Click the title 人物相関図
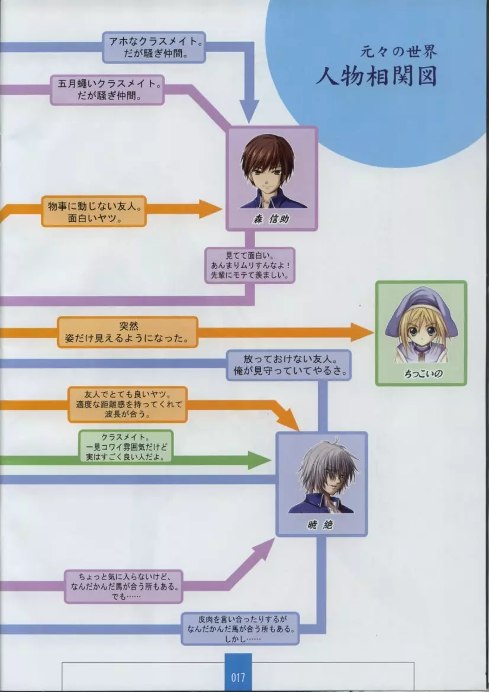[376, 76]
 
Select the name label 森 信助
[271, 219]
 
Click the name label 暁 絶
[321, 525]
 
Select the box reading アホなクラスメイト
[154, 47]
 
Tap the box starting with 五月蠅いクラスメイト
[107, 89]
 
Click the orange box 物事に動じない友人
[94, 212]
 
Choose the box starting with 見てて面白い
[250, 265]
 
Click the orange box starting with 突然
[127, 332]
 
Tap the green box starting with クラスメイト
[126, 447]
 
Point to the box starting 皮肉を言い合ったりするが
[240, 629]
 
